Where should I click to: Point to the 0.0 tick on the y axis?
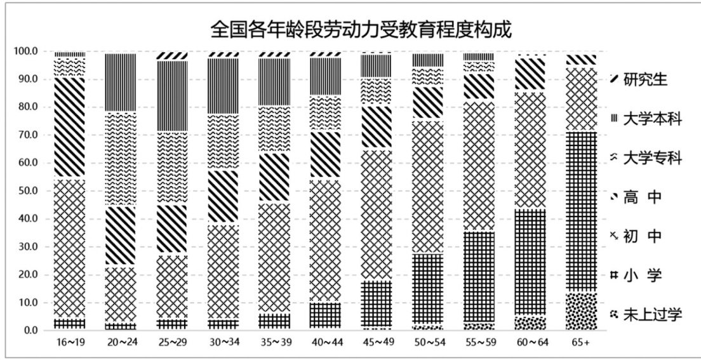coord(30,330)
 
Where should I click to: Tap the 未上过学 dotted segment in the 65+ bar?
coord(581,311)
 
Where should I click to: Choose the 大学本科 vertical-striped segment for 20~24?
coord(121,83)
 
